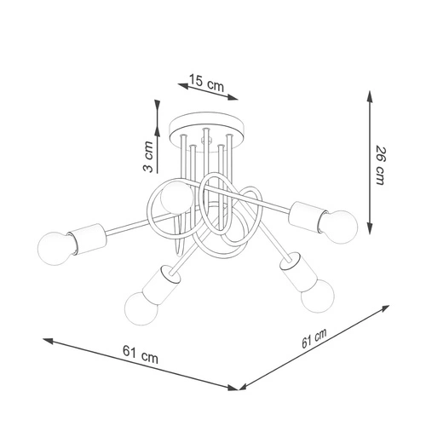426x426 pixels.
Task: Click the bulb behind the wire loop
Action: point(175,199)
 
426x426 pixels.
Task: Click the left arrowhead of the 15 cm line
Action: point(178,85)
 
